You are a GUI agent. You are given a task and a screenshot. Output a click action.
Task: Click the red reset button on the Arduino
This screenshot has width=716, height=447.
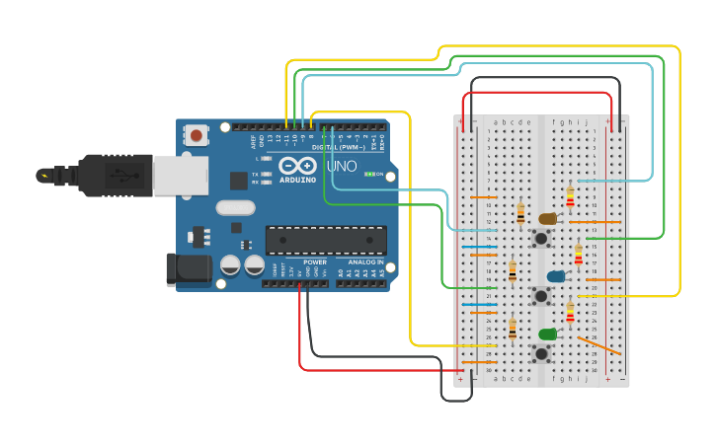click(197, 134)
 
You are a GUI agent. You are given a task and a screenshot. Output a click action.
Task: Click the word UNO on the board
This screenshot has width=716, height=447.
click(342, 167)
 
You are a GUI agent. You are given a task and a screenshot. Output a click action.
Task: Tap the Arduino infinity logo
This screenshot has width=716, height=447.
click(296, 166)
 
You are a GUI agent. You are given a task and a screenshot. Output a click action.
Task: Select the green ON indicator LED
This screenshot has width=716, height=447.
click(369, 174)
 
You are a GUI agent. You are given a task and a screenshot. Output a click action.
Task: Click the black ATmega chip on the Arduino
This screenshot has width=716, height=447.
click(326, 240)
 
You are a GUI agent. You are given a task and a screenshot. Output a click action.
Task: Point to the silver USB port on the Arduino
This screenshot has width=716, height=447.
click(181, 176)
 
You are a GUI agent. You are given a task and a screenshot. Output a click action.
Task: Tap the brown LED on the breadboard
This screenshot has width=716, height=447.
click(548, 218)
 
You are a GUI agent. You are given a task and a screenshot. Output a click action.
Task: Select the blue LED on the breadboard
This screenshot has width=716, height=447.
click(556, 276)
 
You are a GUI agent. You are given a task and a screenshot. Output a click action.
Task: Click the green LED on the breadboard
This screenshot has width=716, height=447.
click(547, 334)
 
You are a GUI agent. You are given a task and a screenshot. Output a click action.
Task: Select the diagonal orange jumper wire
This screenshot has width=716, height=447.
click(599, 344)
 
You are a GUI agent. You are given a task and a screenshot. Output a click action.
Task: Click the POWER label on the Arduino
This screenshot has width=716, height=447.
click(315, 262)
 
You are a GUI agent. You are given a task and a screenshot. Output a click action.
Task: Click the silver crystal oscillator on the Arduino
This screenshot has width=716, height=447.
click(236, 207)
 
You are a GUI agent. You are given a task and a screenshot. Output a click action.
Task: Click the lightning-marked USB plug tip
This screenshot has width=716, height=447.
click(44, 176)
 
